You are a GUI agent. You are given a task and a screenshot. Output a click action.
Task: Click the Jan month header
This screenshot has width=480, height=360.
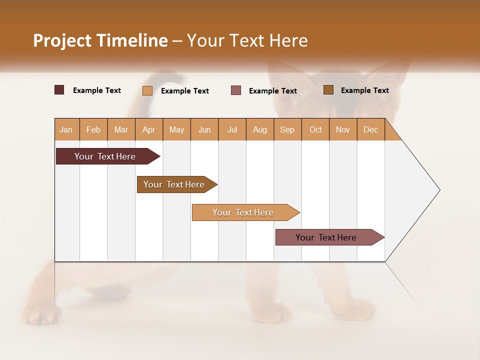(x=66, y=129)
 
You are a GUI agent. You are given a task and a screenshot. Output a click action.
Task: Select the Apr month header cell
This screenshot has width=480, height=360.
(x=149, y=129)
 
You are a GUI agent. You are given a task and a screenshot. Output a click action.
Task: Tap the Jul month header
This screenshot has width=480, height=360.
(x=232, y=129)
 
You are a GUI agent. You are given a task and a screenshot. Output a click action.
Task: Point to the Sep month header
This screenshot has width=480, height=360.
(x=287, y=129)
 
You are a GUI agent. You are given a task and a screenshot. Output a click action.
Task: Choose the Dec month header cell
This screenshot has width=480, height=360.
(x=370, y=129)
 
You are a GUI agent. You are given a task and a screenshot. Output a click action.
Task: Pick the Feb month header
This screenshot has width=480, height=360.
(x=93, y=129)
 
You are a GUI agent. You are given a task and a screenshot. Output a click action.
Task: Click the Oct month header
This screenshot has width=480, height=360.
(x=315, y=129)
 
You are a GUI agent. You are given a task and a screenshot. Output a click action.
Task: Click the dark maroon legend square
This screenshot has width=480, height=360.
(x=59, y=90)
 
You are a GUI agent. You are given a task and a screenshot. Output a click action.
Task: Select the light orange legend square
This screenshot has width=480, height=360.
(x=147, y=90)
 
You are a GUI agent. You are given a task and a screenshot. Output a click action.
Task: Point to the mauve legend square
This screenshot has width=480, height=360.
(x=236, y=90)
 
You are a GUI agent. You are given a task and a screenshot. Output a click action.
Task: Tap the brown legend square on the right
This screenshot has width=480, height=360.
(x=328, y=90)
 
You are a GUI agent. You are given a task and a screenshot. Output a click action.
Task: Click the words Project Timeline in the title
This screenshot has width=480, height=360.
(x=100, y=40)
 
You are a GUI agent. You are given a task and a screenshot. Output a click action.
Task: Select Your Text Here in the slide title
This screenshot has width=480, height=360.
(x=247, y=40)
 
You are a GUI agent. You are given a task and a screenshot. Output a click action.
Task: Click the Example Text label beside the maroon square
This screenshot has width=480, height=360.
(x=97, y=90)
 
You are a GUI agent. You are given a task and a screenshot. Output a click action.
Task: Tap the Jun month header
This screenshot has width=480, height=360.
(x=204, y=129)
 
